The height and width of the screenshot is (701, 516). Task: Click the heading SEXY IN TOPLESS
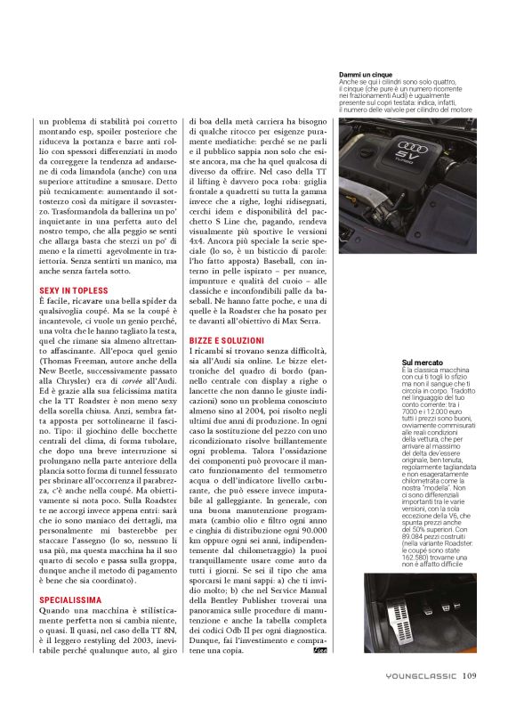point(74,290)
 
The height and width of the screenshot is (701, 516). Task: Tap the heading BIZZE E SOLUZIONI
point(226,340)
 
